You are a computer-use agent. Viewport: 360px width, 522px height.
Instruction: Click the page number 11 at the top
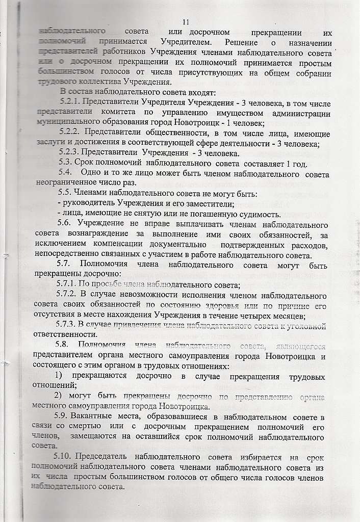click(x=185, y=22)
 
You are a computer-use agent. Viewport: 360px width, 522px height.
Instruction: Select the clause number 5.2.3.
click(x=69, y=153)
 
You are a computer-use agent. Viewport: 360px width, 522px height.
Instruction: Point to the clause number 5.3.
click(x=65, y=163)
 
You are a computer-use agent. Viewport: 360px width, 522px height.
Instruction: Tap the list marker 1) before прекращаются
click(x=60, y=377)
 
